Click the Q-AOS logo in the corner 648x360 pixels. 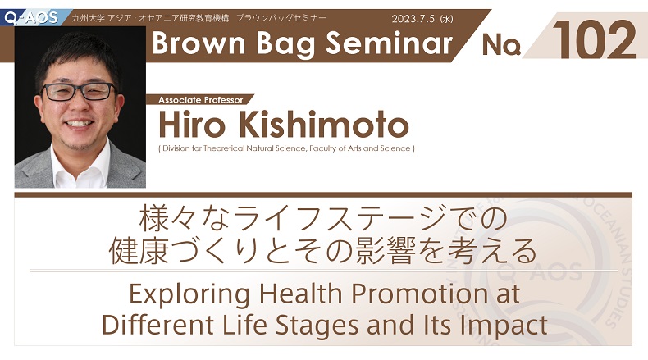pyautogui.click(x=31, y=17)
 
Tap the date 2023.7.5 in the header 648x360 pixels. pyautogui.click(x=413, y=19)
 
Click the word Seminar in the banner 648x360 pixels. pyautogui.click(x=390, y=43)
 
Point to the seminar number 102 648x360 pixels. pyautogui.click(x=595, y=40)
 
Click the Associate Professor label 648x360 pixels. pyautogui.click(x=201, y=100)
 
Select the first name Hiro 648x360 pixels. pyautogui.click(x=193, y=125)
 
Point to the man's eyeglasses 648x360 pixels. pyautogui.click(x=80, y=92)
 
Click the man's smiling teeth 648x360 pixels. pyautogui.click(x=80, y=124)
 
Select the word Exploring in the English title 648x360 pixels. pyautogui.click(x=189, y=294)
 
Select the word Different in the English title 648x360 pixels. pyautogui.click(x=157, y=325)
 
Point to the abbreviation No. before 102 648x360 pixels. pyautogui.click(x=501, y=44)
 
